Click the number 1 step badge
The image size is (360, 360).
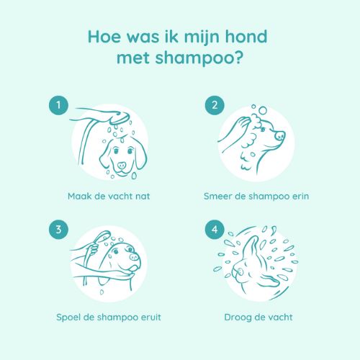[58, 105]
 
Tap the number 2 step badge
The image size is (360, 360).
[215, 105]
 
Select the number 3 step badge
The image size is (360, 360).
[58, 230]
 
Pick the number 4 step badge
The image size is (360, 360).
[215, 230]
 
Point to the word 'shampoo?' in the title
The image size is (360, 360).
[198, 59]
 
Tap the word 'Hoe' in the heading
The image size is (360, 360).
[104, 37]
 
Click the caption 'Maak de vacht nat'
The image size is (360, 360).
[109, 196]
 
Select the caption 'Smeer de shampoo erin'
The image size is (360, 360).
[256, 197]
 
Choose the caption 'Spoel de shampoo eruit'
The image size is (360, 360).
[109, 318]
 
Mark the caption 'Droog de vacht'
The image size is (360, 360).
[258, 318]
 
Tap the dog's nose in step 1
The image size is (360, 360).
[122, 165]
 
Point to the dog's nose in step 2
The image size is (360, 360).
[280, 135]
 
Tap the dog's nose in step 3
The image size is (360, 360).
[135, 257]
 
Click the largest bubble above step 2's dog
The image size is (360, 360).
[263, 110]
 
